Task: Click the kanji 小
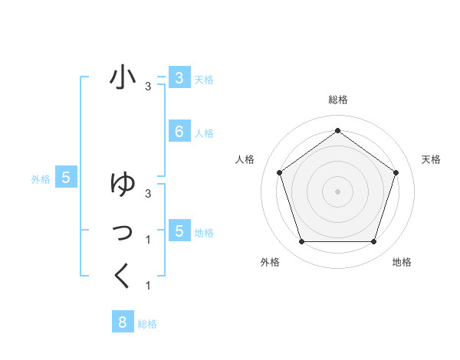(123, 77)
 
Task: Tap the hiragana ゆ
(123, 185)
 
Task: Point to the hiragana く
(123, 276)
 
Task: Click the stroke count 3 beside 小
(148, 87)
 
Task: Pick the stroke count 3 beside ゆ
(148, 193)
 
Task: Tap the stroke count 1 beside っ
(148, 240)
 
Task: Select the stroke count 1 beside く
(148, 286)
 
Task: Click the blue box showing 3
(179, 77)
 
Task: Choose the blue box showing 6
(179, 132)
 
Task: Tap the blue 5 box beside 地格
(179, 231)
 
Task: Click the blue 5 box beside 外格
(66, 178)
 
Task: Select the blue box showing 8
(122, 322)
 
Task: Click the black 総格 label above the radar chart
(337, 100)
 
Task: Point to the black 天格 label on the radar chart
(431, 159)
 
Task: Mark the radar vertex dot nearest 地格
(373, 242)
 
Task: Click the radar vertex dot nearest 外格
(301, 242)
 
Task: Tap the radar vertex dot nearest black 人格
(279, 172)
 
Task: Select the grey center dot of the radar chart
(337, 191)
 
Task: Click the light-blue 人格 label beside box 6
(204, 133)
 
